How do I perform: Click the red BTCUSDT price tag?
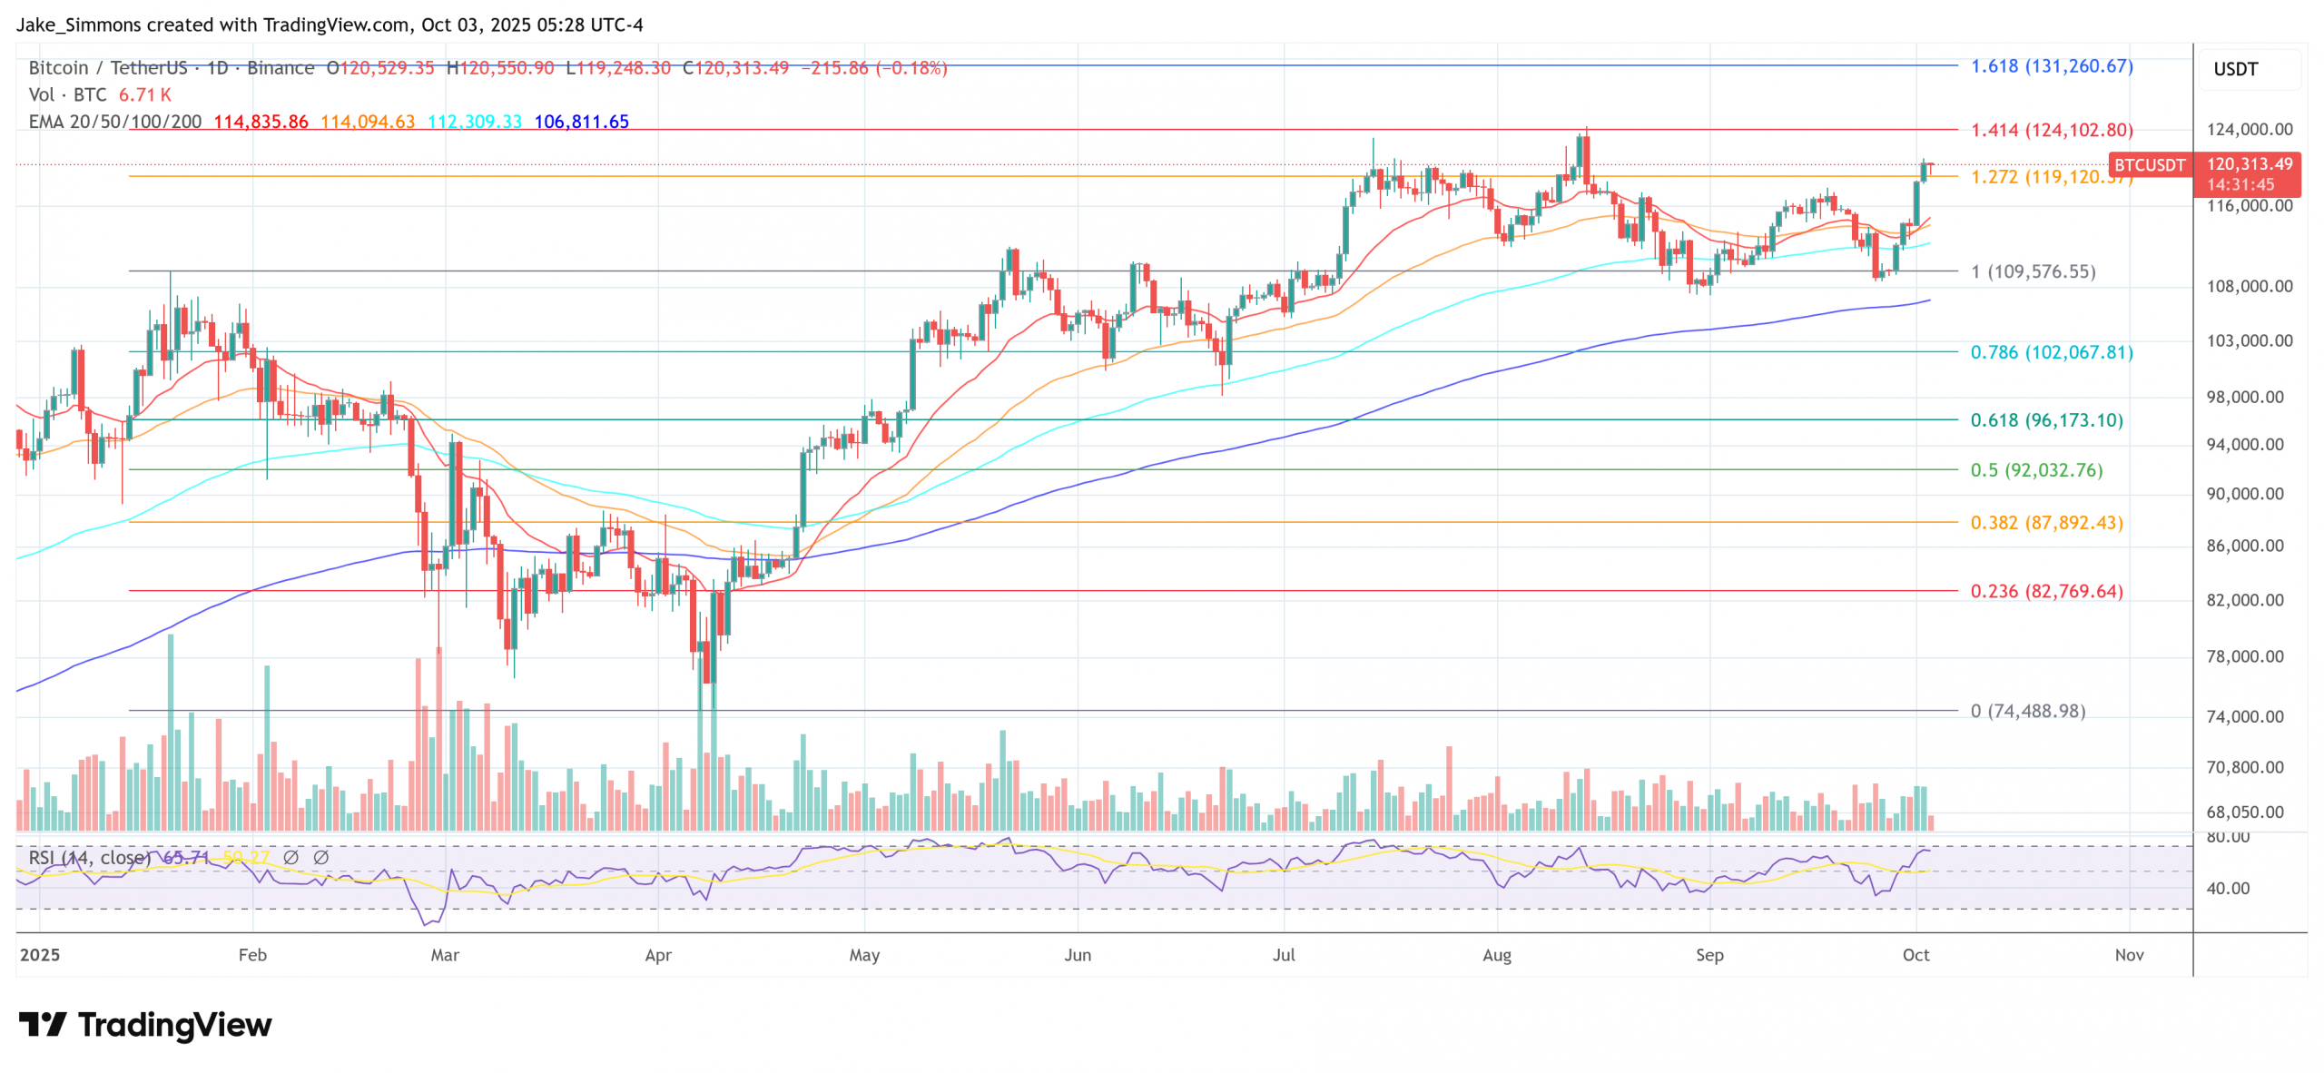tap(2149, 164)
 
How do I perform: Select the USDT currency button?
tap(2235, 69)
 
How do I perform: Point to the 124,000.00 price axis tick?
tap(2249, 129)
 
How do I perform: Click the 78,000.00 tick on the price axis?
tap(2244, 656)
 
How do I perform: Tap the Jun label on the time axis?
tap(1077, 955)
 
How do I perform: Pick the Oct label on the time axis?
tap(1915, 955)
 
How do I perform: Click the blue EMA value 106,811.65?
tap(581, 122)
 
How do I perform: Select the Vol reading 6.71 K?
tap(145, 94)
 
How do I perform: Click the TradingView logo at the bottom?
tap(145, 1025)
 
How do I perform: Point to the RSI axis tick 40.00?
tap(2228, 888)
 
